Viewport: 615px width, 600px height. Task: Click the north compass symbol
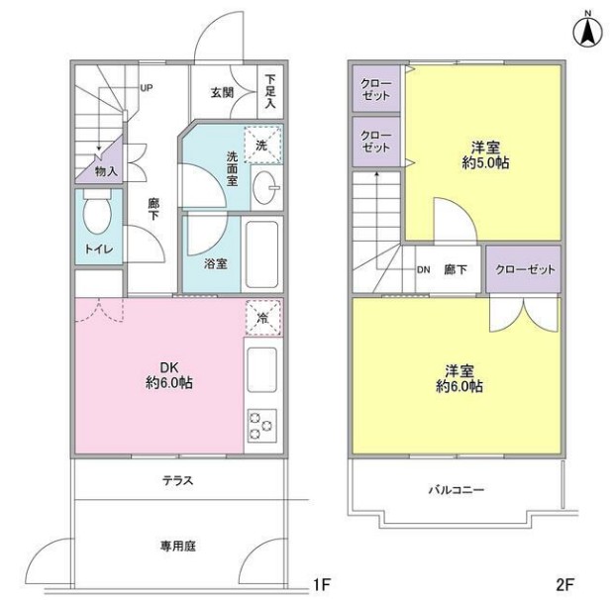[587, 31]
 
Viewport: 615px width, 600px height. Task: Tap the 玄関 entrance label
[221, 93]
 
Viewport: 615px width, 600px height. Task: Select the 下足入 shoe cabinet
[271, 91]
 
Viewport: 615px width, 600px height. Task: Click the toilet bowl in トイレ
[97, 217]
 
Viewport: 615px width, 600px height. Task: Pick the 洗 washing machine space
[262, 145]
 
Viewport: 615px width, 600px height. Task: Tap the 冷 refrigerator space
[262, 318]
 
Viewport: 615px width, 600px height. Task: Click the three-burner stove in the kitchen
[261, 425]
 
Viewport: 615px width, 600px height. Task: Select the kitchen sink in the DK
[261, 370]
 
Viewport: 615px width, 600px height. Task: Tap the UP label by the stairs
[146, 88]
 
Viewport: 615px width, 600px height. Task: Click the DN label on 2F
[423, 269]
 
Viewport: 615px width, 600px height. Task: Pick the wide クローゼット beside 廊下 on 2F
[523, 269]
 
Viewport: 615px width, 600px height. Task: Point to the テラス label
[177, 482]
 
